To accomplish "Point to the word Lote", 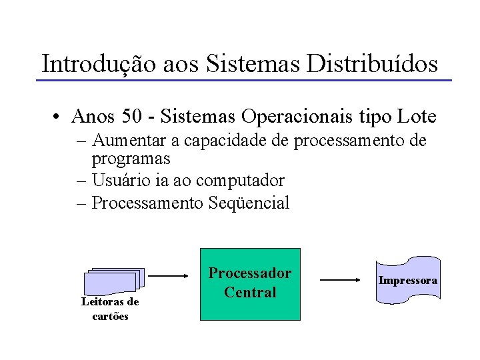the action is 417,117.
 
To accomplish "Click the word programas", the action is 131,159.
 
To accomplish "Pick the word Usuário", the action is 121,180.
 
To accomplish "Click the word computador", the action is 247,180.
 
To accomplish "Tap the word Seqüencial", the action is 249,203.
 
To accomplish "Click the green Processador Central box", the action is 251,284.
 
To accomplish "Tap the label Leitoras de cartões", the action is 110,309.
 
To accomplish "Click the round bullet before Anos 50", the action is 59,118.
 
